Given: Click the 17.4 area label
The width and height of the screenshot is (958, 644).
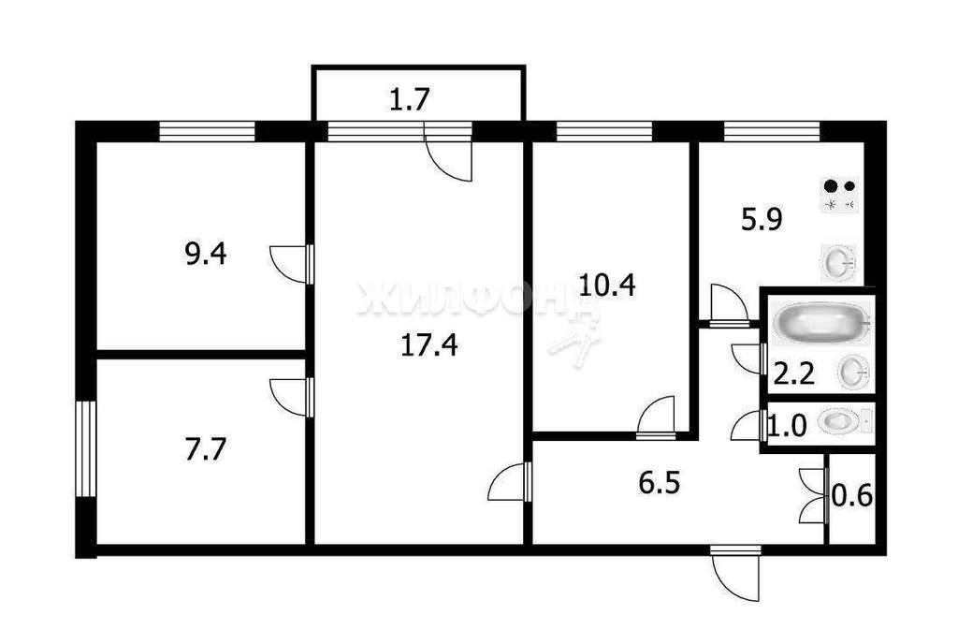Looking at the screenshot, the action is point(429,345).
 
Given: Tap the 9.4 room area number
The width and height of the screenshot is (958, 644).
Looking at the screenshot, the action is point(206,254).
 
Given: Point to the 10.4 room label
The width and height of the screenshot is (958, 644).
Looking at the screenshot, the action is point(607,285).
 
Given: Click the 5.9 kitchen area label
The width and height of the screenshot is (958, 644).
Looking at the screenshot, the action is point(762,219).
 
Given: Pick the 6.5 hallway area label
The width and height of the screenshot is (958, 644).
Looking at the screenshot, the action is point(660,484).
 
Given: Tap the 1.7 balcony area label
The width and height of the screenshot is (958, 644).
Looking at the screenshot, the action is point(411,99).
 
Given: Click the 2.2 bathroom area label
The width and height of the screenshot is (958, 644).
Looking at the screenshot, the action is point(794,373).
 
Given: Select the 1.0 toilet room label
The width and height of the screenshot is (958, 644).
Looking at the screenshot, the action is point(787,426).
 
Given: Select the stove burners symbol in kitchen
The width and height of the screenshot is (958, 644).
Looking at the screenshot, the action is point(839,195).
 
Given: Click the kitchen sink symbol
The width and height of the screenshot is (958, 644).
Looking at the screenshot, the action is point(838,263).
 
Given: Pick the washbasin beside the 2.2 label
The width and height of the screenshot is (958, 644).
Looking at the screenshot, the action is point(853,373).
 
